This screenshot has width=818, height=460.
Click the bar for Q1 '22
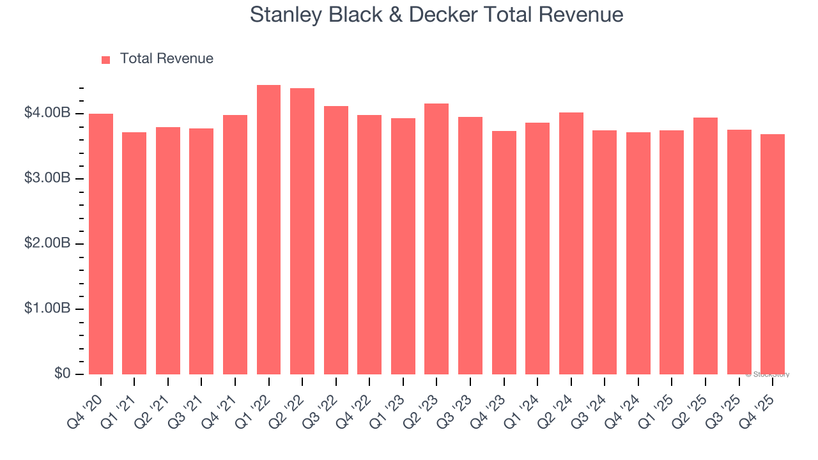click(x=268, y=230)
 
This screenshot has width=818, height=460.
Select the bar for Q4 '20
click(x=101, y=244)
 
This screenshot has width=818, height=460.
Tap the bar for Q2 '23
click(x=436, y=239)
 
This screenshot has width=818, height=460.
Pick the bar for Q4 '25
click(x=773, y=254)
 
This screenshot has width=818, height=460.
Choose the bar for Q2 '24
click(x=571, y=243)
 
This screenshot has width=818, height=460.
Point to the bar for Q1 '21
click(x=134, y=253)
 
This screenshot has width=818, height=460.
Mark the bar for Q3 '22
click(x=336, y=240)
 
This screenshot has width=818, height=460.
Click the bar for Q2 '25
click(x=706, y=246)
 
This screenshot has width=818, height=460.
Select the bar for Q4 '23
click(x=504, y=252)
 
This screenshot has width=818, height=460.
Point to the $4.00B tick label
click(x=47, y=113)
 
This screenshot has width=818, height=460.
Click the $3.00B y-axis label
click(x=47, y=178)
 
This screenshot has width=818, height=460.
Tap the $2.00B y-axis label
click(x=47, y=243)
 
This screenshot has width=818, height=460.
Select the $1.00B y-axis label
click(x=47, y=309)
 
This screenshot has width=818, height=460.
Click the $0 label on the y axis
click(x=62, y=374)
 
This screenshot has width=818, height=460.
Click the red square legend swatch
click(x=106, y=59)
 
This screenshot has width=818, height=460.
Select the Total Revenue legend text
click(x=166, y=59)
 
